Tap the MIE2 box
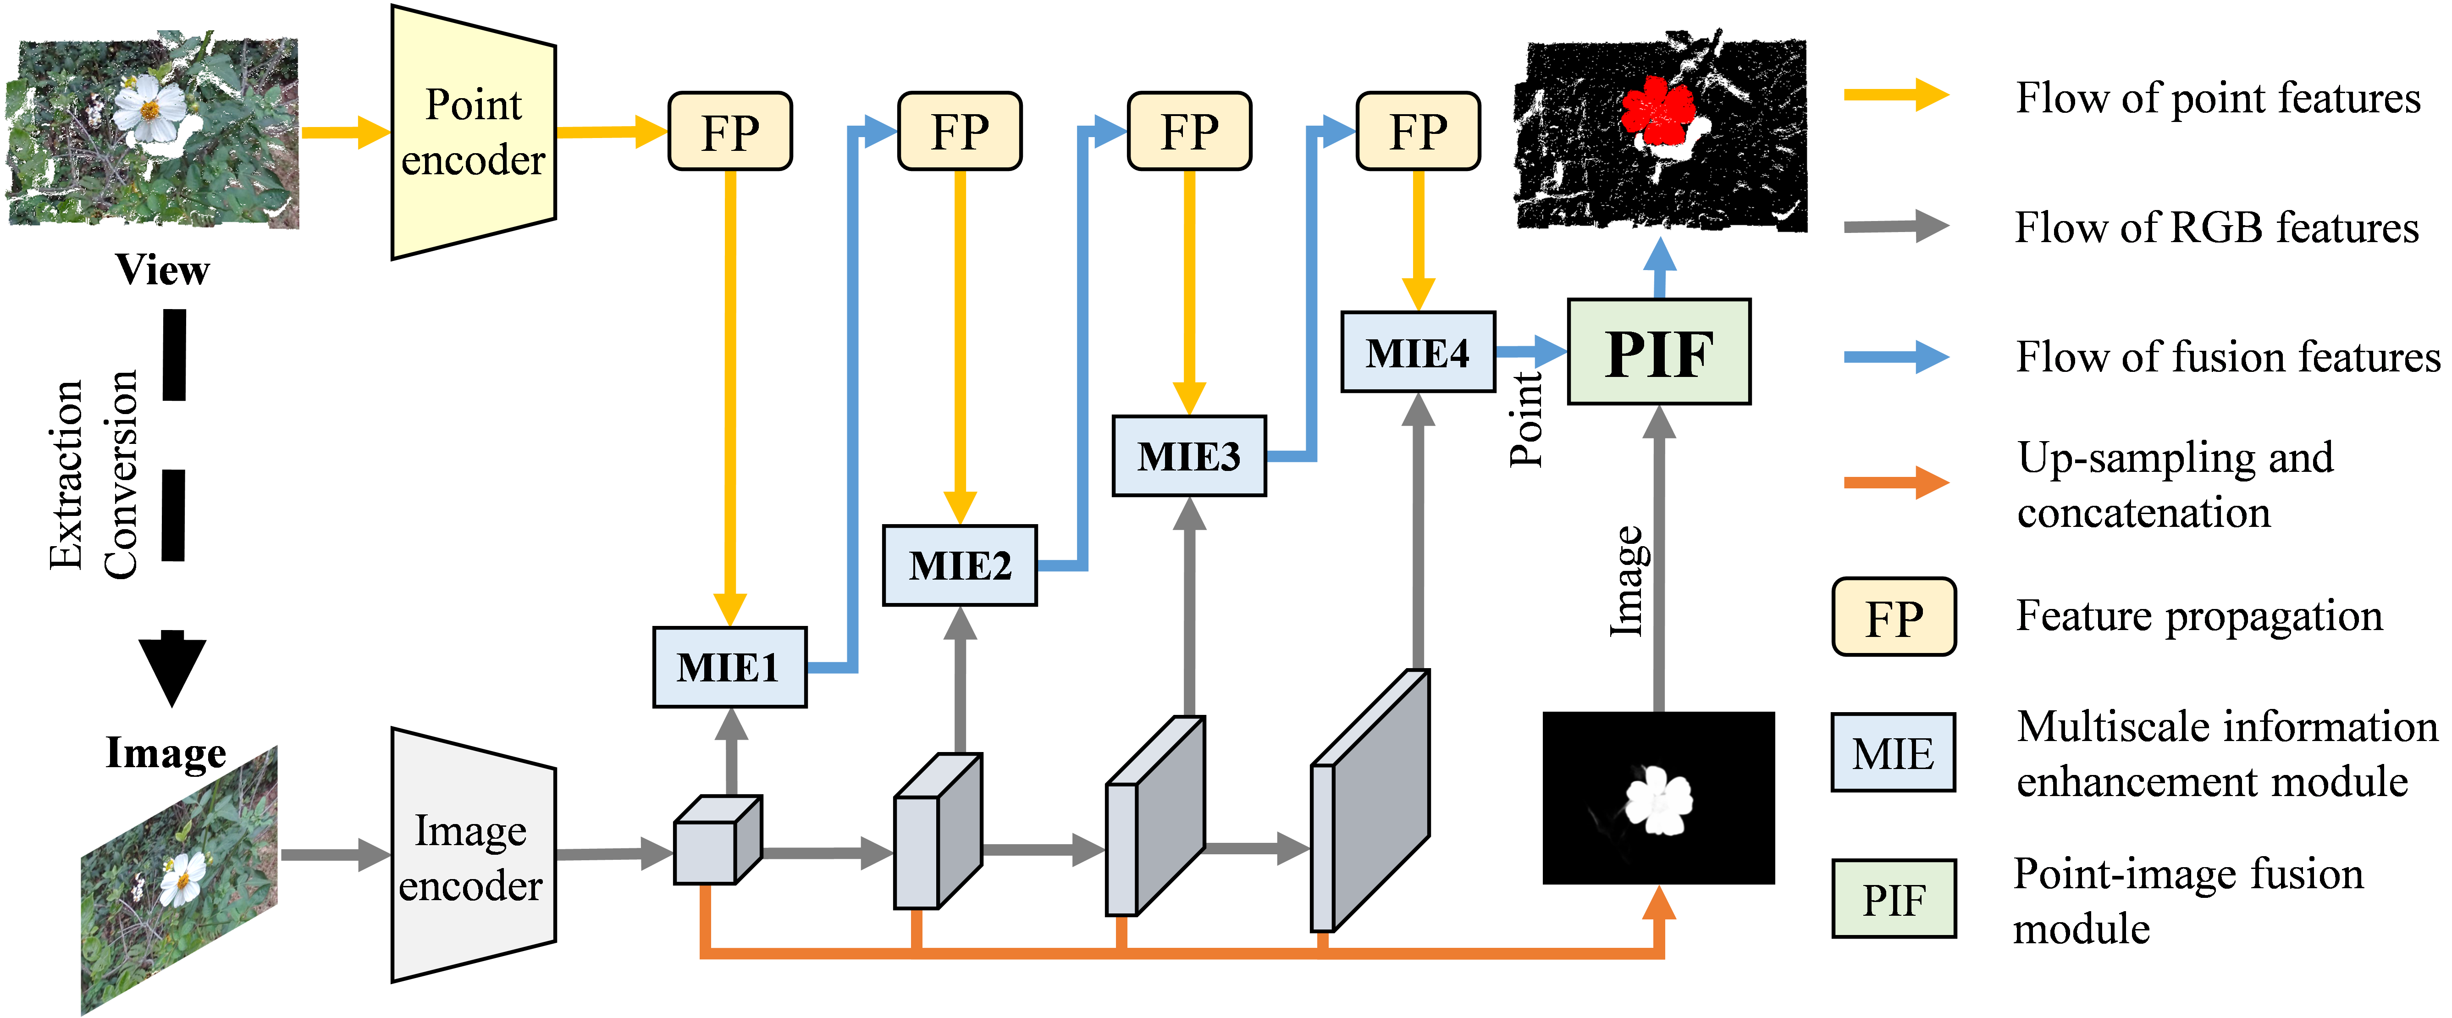click(x=960, y=566)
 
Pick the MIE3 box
click(x=1189, y=456)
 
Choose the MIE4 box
click(x=1417, y=352)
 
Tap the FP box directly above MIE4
click(x=1417, y=132)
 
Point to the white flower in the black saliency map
click(x=1658, y=800)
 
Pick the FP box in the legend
click(x=1893, y=617)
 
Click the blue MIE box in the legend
click(x=1893, y=752)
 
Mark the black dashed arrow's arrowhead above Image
click(x=172, y=671)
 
